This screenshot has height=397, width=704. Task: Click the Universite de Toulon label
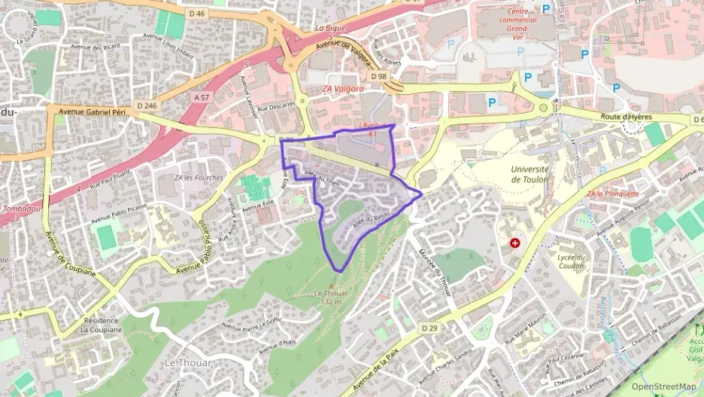530,174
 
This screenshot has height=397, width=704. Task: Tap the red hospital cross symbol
515,243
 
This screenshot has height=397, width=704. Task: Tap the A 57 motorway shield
201,97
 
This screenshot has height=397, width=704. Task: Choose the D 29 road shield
429,328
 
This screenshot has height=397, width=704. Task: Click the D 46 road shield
197,14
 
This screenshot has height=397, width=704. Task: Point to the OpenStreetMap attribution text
663,386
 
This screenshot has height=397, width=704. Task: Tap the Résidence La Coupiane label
102,325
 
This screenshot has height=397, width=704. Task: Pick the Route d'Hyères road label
627,117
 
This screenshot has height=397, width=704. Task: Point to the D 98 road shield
378,76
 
